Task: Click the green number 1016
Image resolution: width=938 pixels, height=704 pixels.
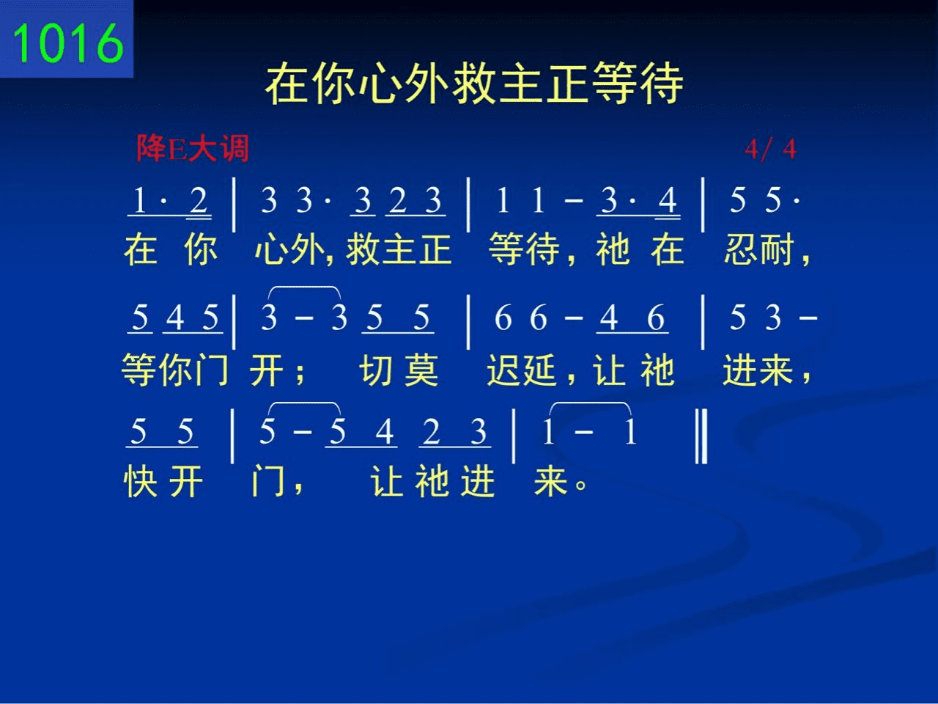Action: (x=68, y=43)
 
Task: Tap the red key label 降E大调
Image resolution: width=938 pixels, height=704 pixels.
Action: (x=193, y=148)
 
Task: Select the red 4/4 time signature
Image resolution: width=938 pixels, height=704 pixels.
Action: (x=770, y=150)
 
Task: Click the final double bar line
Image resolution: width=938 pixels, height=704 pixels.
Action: (x=701, y=436)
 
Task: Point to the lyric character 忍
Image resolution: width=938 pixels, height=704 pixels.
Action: (x=741, y=249)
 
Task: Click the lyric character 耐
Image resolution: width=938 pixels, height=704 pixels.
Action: (x=777, y=249)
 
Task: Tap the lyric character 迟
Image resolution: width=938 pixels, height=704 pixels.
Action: (x=504, y=370)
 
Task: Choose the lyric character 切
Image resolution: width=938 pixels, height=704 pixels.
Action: (x=376, y=370)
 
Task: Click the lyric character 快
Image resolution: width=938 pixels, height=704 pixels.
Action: (x=141, y=481)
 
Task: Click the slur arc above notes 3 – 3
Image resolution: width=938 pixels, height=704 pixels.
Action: (x=304, y=287)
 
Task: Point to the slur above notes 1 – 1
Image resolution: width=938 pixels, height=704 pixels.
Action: (x=590, y=403)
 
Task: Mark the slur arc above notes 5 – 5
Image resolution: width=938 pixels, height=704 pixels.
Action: (x=304, y=403)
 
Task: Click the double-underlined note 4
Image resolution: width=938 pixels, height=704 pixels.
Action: (x=667, y=199)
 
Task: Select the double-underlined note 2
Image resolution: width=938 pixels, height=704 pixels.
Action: (x=199, y=199)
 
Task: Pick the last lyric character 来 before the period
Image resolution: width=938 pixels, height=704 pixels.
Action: (x=551, y=481)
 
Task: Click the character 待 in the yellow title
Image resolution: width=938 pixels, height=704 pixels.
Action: (x=661, y=83)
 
